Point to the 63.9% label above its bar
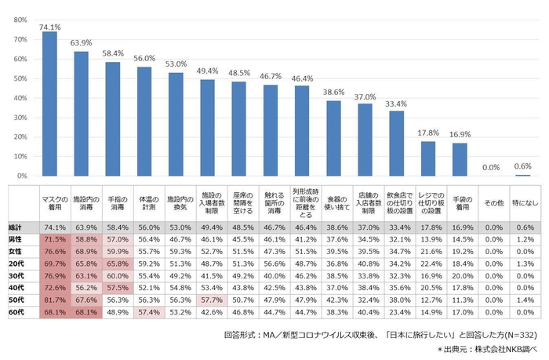click(x=81, y=42)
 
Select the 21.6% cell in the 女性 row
click(x=428, y=249)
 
